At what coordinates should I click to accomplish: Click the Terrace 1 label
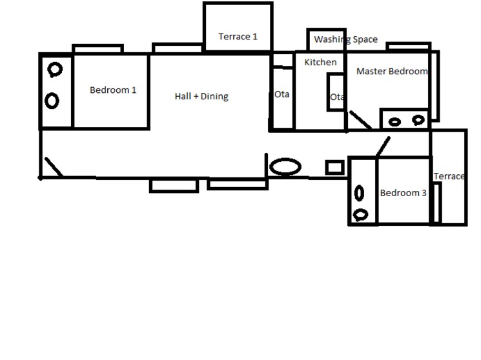(x=238, y=37)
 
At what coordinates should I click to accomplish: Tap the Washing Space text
(x=345, y=40)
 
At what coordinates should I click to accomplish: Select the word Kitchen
(x=320, y=63)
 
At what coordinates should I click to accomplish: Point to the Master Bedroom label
(x=392, y=72)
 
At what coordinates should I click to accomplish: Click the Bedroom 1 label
(x=113, y=90)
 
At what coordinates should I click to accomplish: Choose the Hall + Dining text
(x=201, y=97)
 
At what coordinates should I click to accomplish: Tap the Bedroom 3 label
(x=403, y=193)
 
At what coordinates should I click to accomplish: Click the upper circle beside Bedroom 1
(x=55, y=70)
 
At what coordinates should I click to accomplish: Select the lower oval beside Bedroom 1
(x=52, y=101)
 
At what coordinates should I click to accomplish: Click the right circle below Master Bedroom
(x=418, y=120)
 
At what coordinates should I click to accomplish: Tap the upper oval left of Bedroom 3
(x=360, y=193)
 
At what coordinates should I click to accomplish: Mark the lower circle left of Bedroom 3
(x=362, y=215)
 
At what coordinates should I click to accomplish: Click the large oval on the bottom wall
(x=285, y=167)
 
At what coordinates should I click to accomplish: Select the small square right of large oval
(x=334, y=168)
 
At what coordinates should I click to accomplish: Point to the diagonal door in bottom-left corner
(x=53, y=167)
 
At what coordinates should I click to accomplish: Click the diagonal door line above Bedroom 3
(x=383, y=147)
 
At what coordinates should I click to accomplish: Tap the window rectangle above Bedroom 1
(x=97, y=49)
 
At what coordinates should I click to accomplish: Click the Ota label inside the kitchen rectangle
(x=336, y=97)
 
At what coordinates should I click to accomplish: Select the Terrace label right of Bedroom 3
(x=449, y=177)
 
